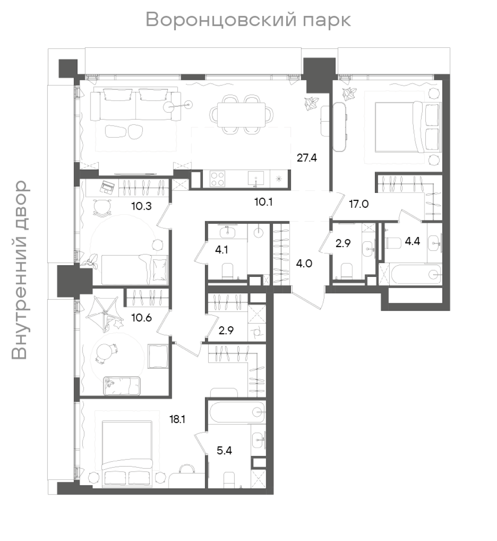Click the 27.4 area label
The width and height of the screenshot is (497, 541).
(306, 158)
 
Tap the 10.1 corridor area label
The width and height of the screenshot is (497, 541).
(263, 202)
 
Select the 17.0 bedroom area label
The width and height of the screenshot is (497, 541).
(359, 204)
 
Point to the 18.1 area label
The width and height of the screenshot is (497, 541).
(177, 419)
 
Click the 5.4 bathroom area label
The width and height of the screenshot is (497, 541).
(224, 450)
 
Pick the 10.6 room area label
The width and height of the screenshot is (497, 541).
(141, 318)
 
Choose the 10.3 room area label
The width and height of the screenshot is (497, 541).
(141, 206)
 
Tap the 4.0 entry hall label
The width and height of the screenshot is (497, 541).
(304, 263)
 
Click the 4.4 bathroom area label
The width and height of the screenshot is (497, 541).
(412, 241)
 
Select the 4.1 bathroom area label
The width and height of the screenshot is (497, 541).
(221, 250)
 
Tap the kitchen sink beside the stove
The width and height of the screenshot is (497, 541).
(255, 179)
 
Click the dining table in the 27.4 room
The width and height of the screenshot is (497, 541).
(242, 115)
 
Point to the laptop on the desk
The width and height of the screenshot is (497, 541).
(106, 187)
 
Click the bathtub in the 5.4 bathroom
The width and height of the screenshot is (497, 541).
(237, 412)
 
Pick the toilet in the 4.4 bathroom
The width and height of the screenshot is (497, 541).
(392, 243)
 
